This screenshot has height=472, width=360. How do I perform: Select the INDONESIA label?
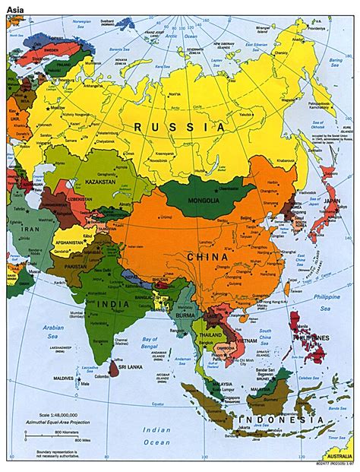click(x=275, y=420)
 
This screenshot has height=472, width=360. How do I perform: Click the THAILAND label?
click(x=210, y=334)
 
